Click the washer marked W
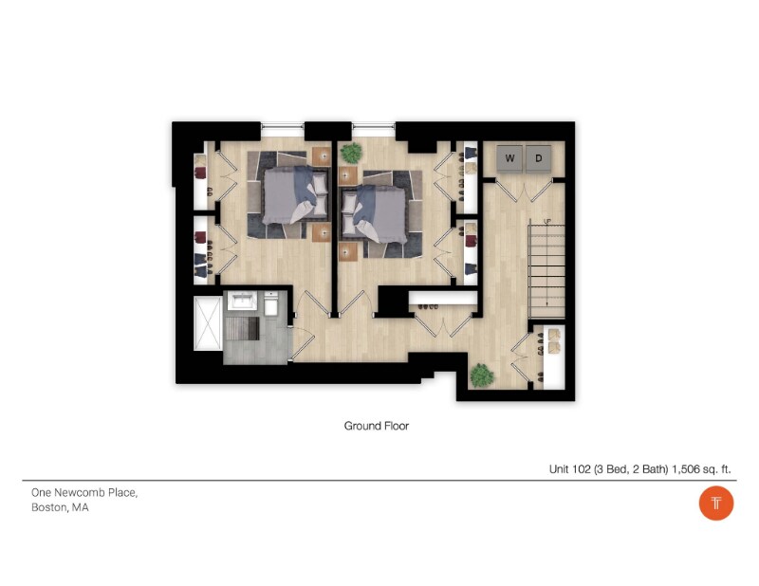(x=509, y=158)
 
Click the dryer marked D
(x=539, y=158)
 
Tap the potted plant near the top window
(x=351, y=152)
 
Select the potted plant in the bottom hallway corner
(x=482, y=375)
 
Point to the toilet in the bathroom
(x=271, y=305)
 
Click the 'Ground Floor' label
(x=376, y=426)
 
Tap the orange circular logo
(x=716, y=503)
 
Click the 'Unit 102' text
(x=568, y=468)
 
